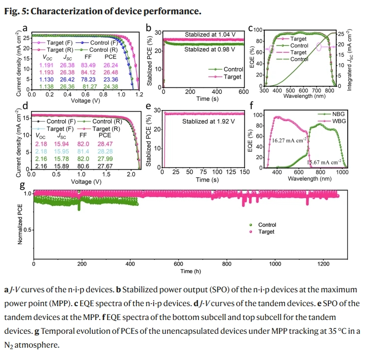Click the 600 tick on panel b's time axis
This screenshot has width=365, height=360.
point(243,92)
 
